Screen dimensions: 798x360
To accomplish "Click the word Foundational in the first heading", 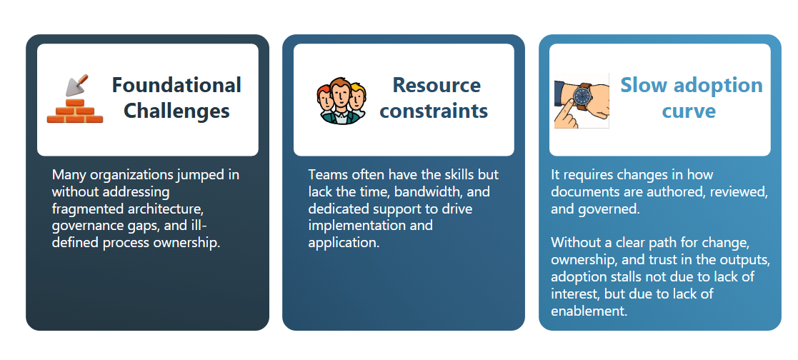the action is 176,85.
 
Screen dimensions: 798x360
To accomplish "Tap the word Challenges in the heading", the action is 176,111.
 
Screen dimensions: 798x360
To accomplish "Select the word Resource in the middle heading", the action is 437,85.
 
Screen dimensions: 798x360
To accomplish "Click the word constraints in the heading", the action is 434,111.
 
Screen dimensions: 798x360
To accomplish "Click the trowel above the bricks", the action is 77,85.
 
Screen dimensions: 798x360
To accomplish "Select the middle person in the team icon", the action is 341,101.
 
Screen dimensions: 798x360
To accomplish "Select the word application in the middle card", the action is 344,243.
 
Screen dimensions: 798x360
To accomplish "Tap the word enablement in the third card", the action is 589,311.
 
